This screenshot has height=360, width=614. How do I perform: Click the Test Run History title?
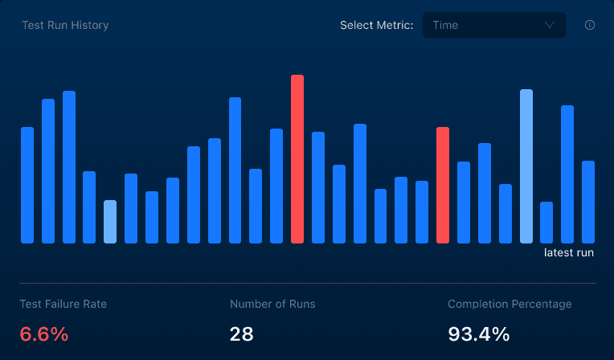(x=65, y=25)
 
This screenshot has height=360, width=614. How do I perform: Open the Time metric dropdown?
(x=493, y=25)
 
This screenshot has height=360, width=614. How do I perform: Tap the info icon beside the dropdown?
(x=590, y=25)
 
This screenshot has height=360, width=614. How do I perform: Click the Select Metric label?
(x=376, y=25)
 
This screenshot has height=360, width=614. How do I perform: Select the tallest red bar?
(x=297, y=159)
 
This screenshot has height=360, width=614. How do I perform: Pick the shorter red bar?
(x=443, y=186)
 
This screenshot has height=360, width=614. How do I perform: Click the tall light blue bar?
(x=526, y=166)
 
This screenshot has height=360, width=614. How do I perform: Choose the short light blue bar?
(x=110, y=222)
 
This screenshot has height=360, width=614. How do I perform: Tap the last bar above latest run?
(x=588, y=202)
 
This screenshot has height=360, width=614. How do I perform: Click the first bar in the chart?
(x=27, y=186)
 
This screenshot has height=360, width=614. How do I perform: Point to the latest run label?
(x=568, y=252)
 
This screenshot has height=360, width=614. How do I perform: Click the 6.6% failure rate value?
(x=44, y=334)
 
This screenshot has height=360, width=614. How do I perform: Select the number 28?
(x=241, y=334)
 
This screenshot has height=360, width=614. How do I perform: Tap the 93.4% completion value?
(x=478, y=334)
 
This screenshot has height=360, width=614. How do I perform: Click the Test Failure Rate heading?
(x=63, y=304)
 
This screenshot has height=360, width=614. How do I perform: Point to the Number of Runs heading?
(x=272, y=304)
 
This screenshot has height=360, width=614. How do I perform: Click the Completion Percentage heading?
(x=510, y=305)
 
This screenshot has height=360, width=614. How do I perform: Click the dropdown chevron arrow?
(x=550, y=25)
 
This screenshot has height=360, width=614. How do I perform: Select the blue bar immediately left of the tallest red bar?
(x=276, y=186)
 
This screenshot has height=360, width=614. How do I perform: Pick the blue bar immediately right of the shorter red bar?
(x=464, y=202)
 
